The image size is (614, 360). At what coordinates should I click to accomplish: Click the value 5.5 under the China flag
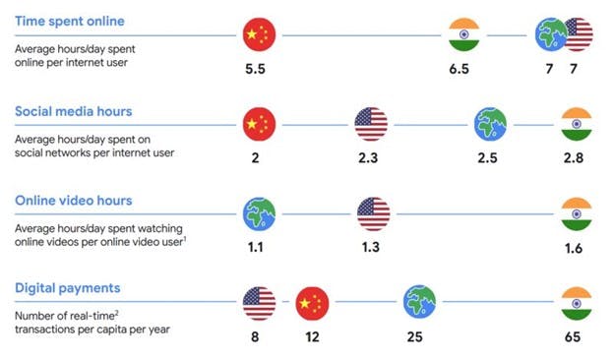pyautogui.click(x=259, y=71)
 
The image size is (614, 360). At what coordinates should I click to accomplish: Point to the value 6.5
pyautogui.click(x=462, y=71)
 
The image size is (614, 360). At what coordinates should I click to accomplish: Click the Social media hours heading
pyautogui.click(x=74, y=110)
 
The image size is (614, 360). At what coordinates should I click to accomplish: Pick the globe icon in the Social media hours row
pyautogui.click(x=489, y=125)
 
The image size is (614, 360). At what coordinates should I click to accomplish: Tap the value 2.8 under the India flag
pyautogui.click(x=576, y=159)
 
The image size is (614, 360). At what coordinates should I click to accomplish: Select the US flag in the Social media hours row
pyautogui.click(x=372, y=125)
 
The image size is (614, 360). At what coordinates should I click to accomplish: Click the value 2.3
pyautogui.click(x=372, y=159)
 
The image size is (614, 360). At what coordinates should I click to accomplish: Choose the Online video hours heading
pyautogui.click(x=75, y=200)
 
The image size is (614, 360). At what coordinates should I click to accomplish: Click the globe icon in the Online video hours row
pyautogui.click(x=259, y=213)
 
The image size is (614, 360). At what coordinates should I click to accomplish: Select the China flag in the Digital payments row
pyautogui.click(x=312, y=302)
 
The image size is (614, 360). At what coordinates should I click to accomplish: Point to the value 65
pyautogui.click(x=576, y=337)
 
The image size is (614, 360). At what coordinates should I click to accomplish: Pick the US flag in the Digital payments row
pyautogui.click(x=259, y=302)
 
